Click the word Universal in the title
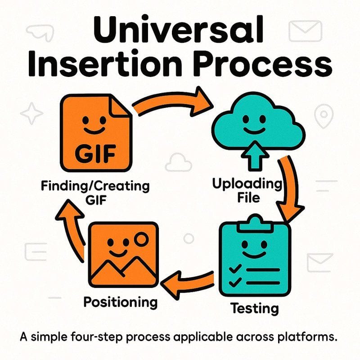(178, 29)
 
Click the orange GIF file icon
(96, 132)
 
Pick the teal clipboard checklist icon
(255, 255)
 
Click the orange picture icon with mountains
(123, 255)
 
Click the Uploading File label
(247, 190)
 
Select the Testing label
(254, 308)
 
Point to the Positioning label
(121, 302)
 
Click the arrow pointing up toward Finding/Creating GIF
(71, 229)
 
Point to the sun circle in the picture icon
(141, 239)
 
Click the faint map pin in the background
(324, 116)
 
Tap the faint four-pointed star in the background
(31, 113)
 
